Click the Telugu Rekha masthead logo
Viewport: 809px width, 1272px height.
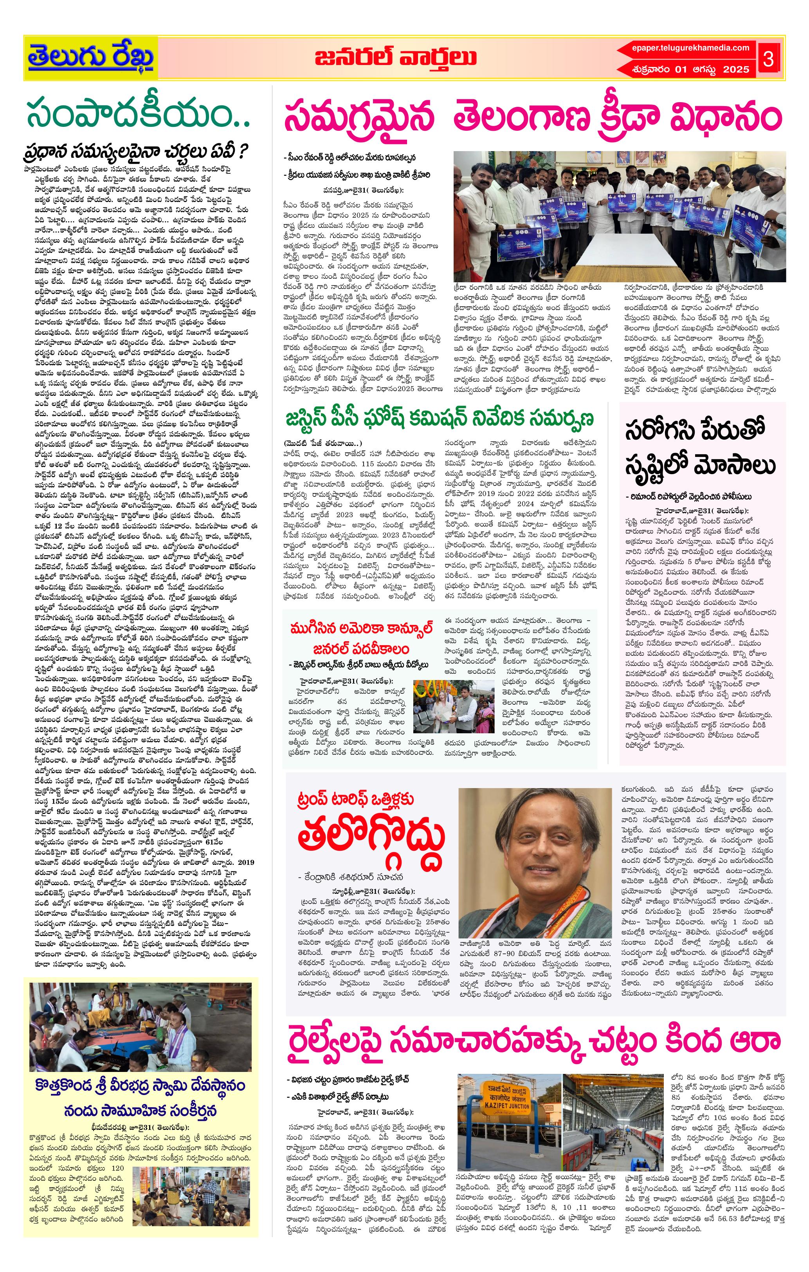[x=91, y=58]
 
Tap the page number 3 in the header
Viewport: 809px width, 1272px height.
[x=768, y=59]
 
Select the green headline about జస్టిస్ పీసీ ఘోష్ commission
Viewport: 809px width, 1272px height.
[x=440, y=419]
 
